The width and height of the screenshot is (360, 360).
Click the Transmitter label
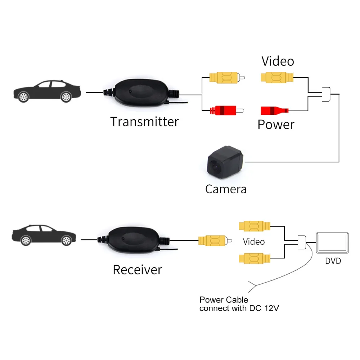pos(144,121)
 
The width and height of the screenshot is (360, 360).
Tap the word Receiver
pos(137,269)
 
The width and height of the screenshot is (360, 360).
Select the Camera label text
pos(226,189)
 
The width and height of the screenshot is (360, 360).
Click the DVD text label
pos(333,260)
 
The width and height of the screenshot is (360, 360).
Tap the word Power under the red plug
pos(276,125)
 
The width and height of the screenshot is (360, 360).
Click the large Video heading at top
pos(278,61)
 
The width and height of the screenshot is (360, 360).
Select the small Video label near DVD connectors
pos(254,242)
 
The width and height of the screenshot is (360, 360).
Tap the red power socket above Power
pos(274,110)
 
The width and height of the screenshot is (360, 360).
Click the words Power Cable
pos(224,300)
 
